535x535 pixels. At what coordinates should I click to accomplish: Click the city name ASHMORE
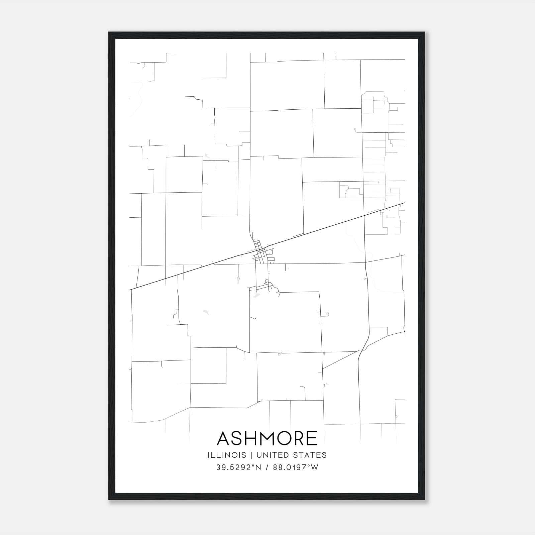(267, 438)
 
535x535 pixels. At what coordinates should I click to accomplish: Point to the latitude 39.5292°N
(238, 467)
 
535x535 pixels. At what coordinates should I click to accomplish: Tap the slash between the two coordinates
(267, 467)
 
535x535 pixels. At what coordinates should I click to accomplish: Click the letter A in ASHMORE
(224, 438)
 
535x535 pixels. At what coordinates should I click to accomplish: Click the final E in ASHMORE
(312, 438)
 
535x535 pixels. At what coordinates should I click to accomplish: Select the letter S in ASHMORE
(237, 438)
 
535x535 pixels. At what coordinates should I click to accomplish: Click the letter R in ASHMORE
(299, 438)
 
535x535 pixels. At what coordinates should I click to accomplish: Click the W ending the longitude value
(315, 467)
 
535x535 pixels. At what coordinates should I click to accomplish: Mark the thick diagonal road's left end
(130, 289)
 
